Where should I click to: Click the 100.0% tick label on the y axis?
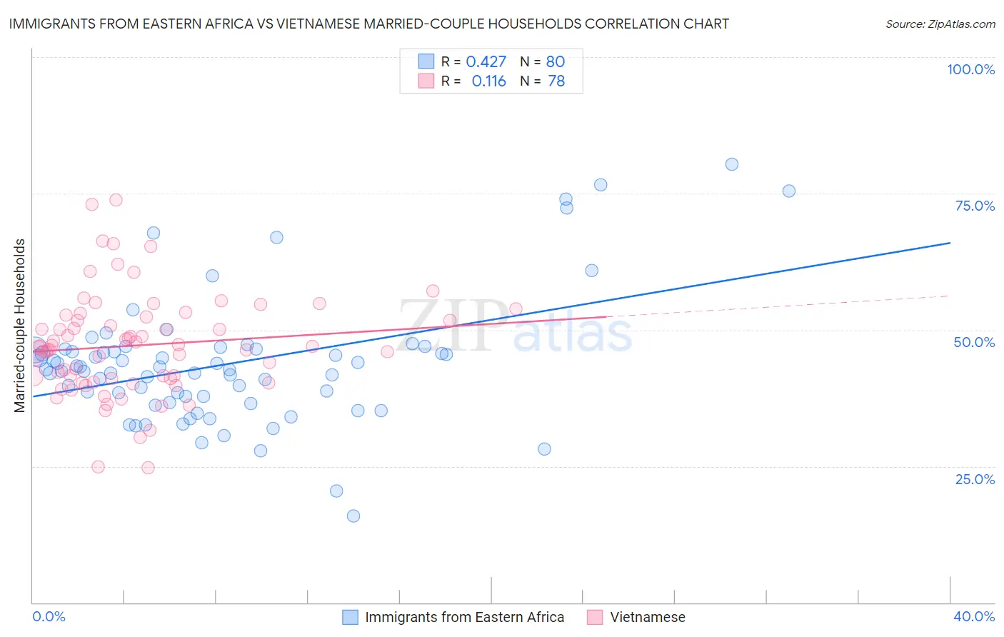click(x=970, y=69)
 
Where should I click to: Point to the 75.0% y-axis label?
click(x=975, y=206)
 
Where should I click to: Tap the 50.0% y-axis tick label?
click(x=974, y=342)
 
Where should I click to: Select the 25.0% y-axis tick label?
click(x=975, y=478)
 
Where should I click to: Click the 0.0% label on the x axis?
click(x=49, y=616)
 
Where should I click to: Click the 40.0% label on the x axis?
click(x=974, y=616)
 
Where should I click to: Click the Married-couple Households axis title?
click(x=20, y=326)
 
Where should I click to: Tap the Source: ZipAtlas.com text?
click(x=940, y=24)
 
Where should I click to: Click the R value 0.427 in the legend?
click(x=486, y=61)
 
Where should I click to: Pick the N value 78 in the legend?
click(x=556, y=81)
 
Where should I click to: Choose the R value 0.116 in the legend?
click(x=488, y=81)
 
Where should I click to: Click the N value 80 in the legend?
click(x=556, y=61)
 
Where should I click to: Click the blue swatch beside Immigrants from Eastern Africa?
click(x=350, y=617)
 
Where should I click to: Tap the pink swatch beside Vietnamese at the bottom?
click(x=595, y=617)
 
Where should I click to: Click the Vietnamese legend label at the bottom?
click(x=647, y=617)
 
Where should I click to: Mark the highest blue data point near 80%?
click(x=732, y=164)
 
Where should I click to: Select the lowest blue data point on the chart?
click(x=353, y=516)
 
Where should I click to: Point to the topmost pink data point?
click(x=116, y=200)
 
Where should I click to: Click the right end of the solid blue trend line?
click(x=950, y=243)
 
